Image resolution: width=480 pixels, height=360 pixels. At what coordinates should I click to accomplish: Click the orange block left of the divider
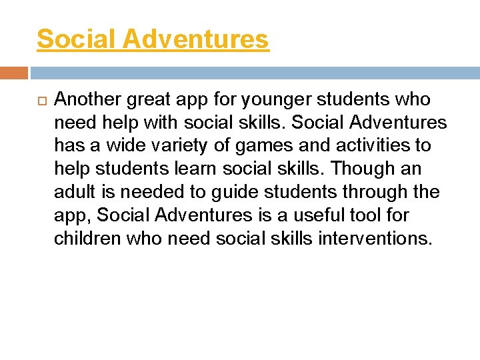(14, 73)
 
